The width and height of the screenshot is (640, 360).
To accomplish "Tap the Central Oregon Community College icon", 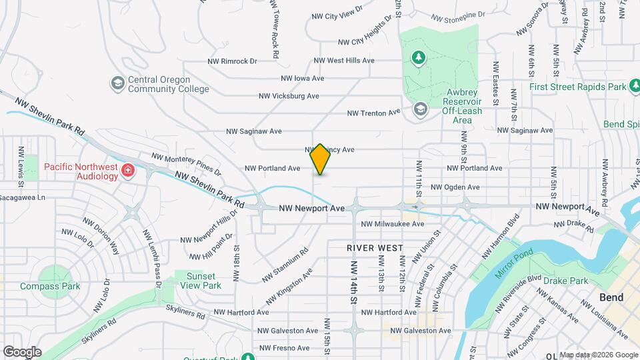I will [x=118, y=83].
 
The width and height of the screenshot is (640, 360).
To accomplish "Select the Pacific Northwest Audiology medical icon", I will [x=127, y=173].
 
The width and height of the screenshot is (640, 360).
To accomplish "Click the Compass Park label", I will [x=50, y=287].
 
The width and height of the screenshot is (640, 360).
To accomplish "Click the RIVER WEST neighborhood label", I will [x=375, y=247].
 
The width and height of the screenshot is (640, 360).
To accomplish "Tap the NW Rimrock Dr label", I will [x=229, y=61].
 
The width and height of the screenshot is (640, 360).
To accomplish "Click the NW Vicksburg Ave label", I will [x=289, y=96].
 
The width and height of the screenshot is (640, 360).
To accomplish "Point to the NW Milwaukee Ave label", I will [x=393, y=224].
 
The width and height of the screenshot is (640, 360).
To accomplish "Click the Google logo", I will [x=21, y=351].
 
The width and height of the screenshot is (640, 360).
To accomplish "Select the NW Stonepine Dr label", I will [x=461, y=17].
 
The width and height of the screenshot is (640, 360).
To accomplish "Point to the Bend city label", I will [x=611, y=297].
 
